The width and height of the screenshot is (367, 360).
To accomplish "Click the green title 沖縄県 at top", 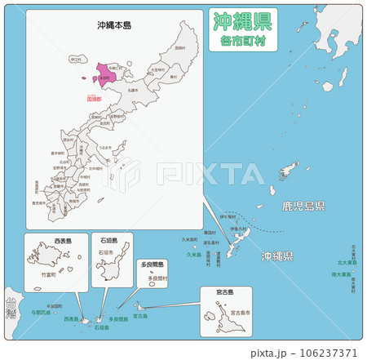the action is point(243,20).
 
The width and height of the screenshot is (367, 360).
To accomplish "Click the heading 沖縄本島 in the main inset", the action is point(113,25).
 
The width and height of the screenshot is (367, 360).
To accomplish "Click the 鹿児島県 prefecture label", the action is point(303,205).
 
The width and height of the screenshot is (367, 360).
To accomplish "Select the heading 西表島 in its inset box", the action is point(62,242).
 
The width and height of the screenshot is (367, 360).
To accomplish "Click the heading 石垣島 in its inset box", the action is point(108,242).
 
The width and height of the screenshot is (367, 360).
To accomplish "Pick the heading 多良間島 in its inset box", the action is point(153,265).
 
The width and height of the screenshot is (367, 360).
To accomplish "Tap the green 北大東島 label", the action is point(346,263).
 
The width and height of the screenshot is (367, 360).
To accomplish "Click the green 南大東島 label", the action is point(342,275).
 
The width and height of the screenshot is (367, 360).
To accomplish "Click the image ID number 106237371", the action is point(326,353).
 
